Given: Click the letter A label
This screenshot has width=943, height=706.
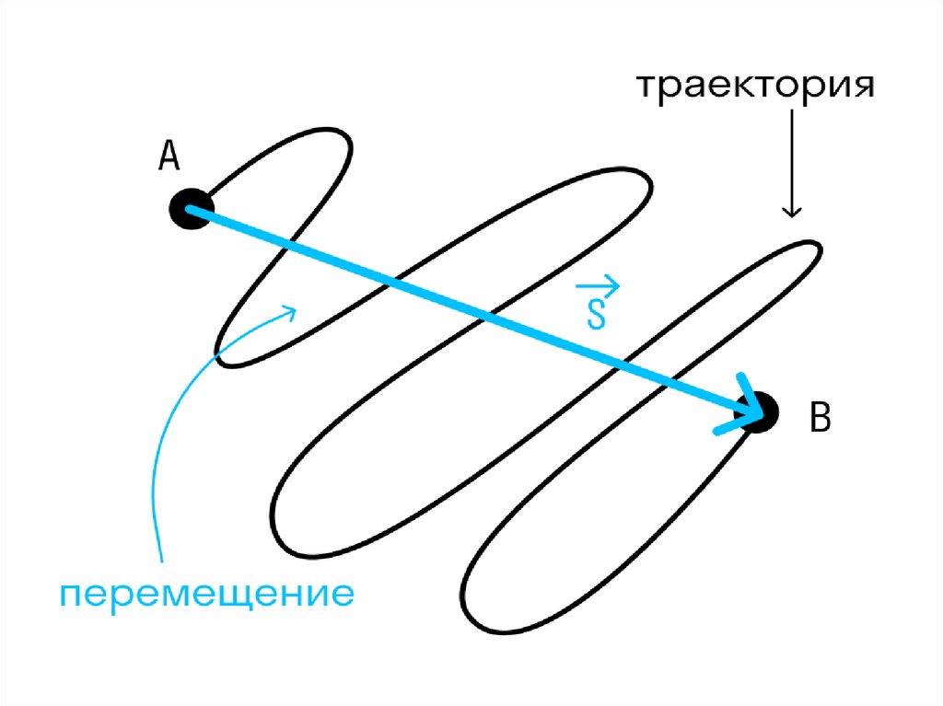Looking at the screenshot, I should pyautogui.click(x=169, y=157).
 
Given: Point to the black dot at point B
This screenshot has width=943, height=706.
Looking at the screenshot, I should pyautogui.click(x=761, y=411).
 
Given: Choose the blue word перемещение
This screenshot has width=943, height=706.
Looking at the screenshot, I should pyautogui.click(x=207, y=594).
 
